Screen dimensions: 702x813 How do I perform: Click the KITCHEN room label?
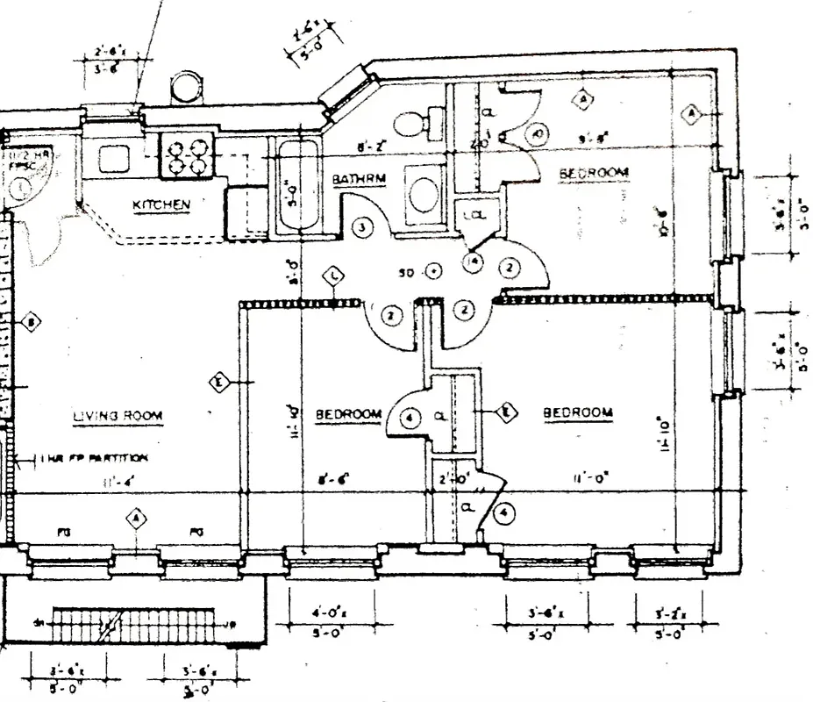tap(161, 204)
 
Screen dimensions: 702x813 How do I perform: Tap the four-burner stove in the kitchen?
tap(186, 155)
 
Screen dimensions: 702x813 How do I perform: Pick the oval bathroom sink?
tap(424, 195)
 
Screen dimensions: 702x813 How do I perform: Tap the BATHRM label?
tap(353, 179)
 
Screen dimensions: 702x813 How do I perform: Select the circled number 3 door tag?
tap(362, 226)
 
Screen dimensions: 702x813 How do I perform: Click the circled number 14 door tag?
tap(474, 260)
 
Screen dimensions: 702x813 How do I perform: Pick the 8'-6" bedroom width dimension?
tap(334, 479)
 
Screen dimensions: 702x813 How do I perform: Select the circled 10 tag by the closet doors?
tap(538, 134)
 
